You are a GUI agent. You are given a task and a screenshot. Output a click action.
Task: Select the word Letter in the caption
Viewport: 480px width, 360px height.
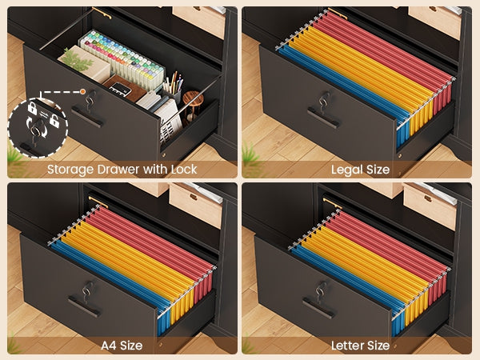pos(347,346)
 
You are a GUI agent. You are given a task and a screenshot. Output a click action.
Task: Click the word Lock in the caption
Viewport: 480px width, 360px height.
pos(184,170)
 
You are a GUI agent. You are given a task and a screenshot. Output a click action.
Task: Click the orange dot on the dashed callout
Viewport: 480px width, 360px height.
pos(82,91)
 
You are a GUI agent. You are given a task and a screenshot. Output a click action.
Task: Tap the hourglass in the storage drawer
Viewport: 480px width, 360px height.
pos(193,106)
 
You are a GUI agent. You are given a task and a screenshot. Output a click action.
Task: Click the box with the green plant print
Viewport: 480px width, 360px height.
pos(85,64)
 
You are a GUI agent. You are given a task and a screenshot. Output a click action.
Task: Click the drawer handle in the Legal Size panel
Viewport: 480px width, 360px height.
pos(323,118)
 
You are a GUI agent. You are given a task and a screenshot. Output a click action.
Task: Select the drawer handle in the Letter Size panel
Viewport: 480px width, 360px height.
pos(318,309)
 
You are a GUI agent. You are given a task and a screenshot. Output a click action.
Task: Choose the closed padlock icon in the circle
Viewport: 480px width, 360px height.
pos(32,108)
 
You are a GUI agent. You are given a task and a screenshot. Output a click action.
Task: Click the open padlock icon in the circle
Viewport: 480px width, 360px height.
pos(54,120)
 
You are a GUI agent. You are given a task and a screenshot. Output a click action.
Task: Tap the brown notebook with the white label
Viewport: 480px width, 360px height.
pos(125,88)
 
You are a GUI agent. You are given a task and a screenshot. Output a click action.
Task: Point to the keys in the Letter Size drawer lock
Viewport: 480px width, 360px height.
pos(321,291)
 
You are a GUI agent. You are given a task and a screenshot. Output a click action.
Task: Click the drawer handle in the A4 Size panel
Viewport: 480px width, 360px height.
pos(84,306)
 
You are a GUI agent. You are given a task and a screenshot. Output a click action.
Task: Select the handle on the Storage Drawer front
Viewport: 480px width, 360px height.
pos(86,116)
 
